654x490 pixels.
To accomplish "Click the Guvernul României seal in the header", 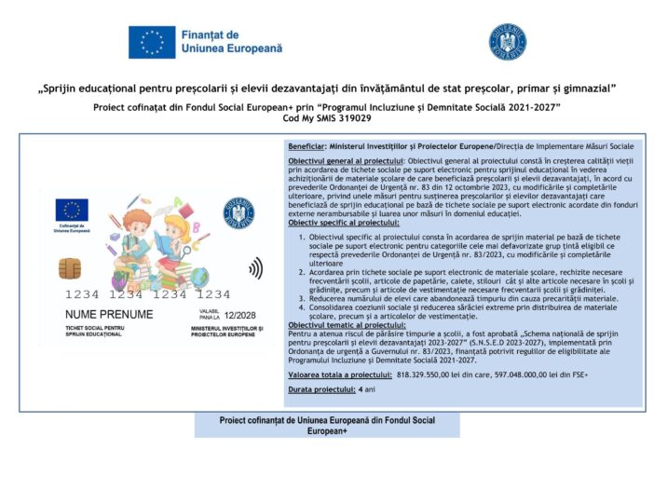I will click(x=508, y=42).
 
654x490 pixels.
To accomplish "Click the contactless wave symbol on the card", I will click(x=254, y=269).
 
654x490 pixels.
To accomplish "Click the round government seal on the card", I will click(x=238, y=212).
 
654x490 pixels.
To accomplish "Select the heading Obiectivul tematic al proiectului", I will click(x=346, y=324).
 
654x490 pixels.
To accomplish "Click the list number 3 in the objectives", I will click(x=301, y=298).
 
